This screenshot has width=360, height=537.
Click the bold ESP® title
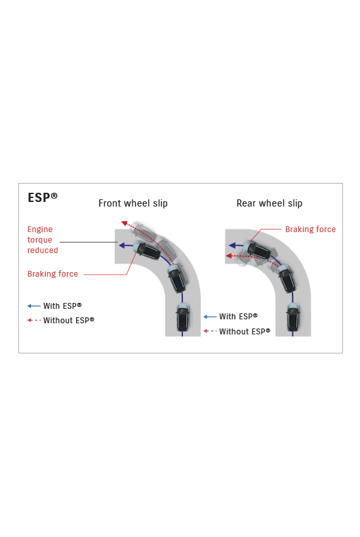pyautogui.click(x=43, y=197)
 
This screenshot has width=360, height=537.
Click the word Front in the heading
pyautogui.click(x=110, y=203)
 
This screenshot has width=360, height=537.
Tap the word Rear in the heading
pyautogui.click(x=247, y=203)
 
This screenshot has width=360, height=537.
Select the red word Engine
pyautogui.click(x=40, y=229)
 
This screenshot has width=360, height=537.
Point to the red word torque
pyautogui.click(x=40, y=240)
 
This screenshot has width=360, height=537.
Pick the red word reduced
pyautogui.click(x=43, y=250)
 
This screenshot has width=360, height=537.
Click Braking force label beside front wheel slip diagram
pyautogui.click(x=52, y=274)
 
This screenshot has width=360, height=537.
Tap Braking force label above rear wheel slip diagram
pyautogui.click(x=310, y=229)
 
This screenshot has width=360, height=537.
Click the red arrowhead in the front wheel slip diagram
pyautogui.click(x=125, y=224)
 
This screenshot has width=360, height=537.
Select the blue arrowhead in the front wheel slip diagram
pyautogui.click(x=121, y=245)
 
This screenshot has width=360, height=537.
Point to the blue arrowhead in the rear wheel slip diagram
pyautogui.click(x=232, y=245)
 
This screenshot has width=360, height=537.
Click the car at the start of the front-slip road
pyautogui.click(x=182, y=317)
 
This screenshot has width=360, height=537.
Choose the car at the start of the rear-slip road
pyautogui.click(x=293, y=317)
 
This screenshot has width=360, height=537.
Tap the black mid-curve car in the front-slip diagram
pyautogui.click(x=178, y=278)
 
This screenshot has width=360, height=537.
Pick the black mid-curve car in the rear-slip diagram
pyautogui.click(x=287, y=278)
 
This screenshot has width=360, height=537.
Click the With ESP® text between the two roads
pyautogui.click(x=239, y=317)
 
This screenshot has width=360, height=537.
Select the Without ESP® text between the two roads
pyautogui.click(x=245, y=332)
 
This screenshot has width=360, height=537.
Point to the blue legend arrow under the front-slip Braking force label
pyautogui.click(x=34, y=306)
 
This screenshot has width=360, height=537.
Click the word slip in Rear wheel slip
pyautogui.click(x=295, y=203)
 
